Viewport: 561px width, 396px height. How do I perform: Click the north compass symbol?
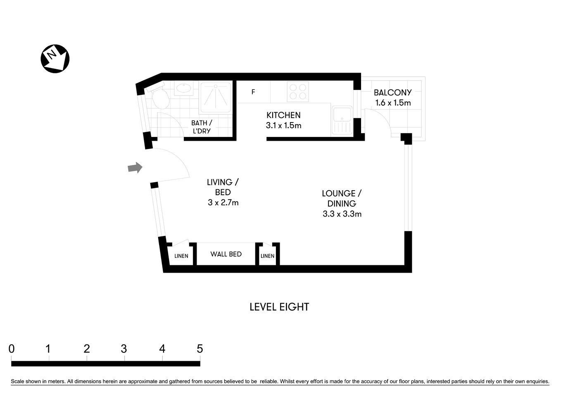click(55, 59)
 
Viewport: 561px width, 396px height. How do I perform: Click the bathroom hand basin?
click(183, 88)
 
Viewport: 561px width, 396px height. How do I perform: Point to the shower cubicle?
click(216, 97)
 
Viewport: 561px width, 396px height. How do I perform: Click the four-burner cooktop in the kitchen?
click(298, 92)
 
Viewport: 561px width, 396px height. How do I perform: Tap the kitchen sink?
click(342, 120)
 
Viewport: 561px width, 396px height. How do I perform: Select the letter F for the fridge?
click(253, 92)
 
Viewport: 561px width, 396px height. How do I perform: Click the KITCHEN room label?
click(283, 115)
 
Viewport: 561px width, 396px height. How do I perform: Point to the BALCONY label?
click(392, 92)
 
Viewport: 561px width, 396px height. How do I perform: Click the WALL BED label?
click(226, 254)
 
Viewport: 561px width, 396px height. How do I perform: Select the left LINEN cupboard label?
click(181, 256)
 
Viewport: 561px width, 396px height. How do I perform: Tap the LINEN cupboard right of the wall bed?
click(267, 256)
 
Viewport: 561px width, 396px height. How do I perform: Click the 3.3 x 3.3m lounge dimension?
click(342, 214)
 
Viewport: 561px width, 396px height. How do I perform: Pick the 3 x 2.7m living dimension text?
click(223, 203)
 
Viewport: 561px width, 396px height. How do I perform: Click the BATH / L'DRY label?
click(202, 127)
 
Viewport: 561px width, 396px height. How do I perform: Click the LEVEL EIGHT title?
click(279, 307)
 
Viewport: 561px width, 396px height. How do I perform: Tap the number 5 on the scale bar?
click(200, 349)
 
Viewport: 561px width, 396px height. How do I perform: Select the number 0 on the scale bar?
click(12, 349)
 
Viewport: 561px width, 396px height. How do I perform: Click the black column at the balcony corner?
click(406, 138)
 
